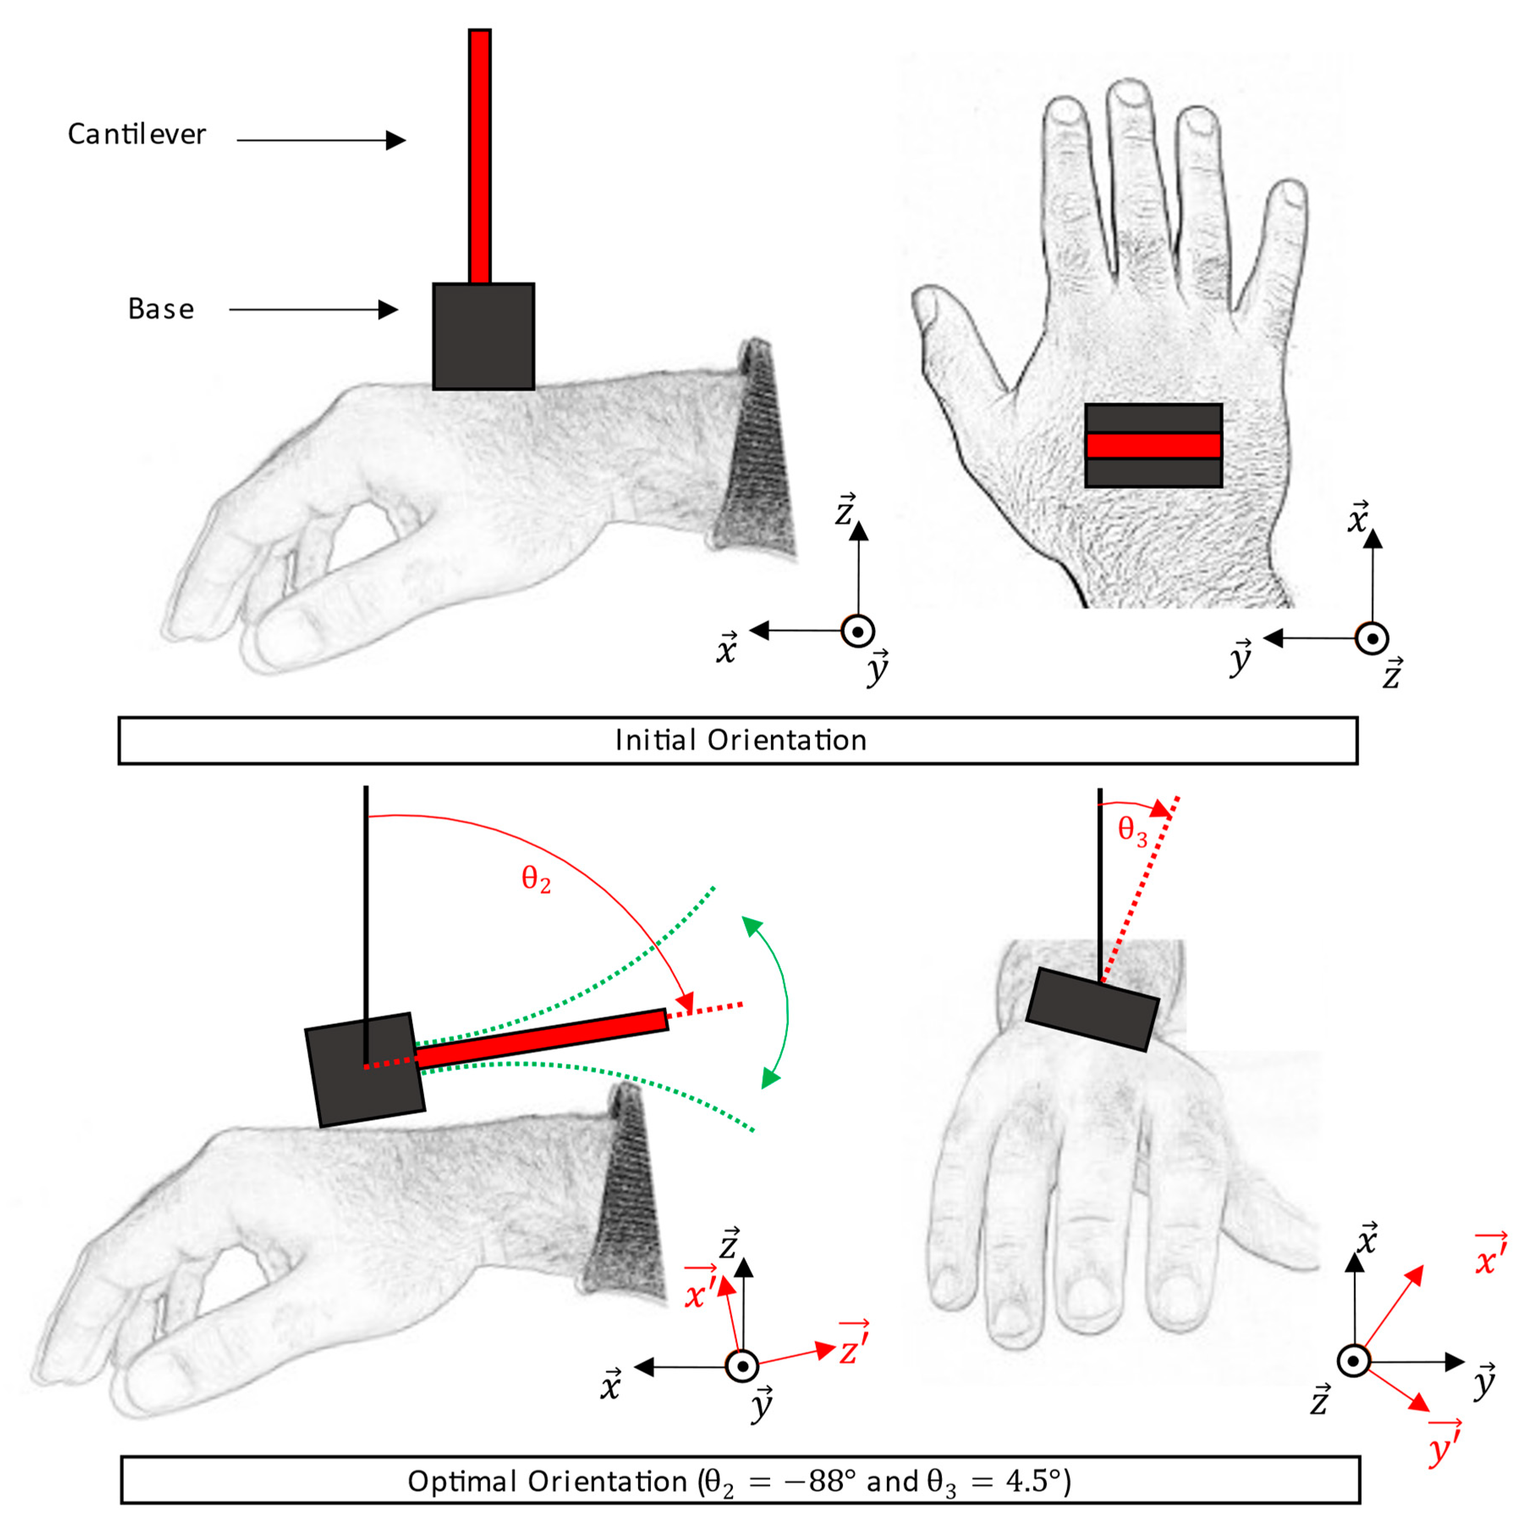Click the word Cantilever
136,134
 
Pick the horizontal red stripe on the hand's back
1153,446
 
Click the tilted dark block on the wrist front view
1092,1009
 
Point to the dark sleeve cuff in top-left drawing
757,452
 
